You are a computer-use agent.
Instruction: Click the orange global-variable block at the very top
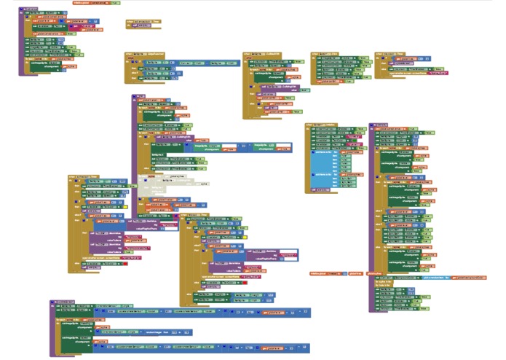click(97, 3)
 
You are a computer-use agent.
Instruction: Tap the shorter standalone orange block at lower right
click(356, 274)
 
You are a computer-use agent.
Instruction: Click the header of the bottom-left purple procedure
click(63, 300)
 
